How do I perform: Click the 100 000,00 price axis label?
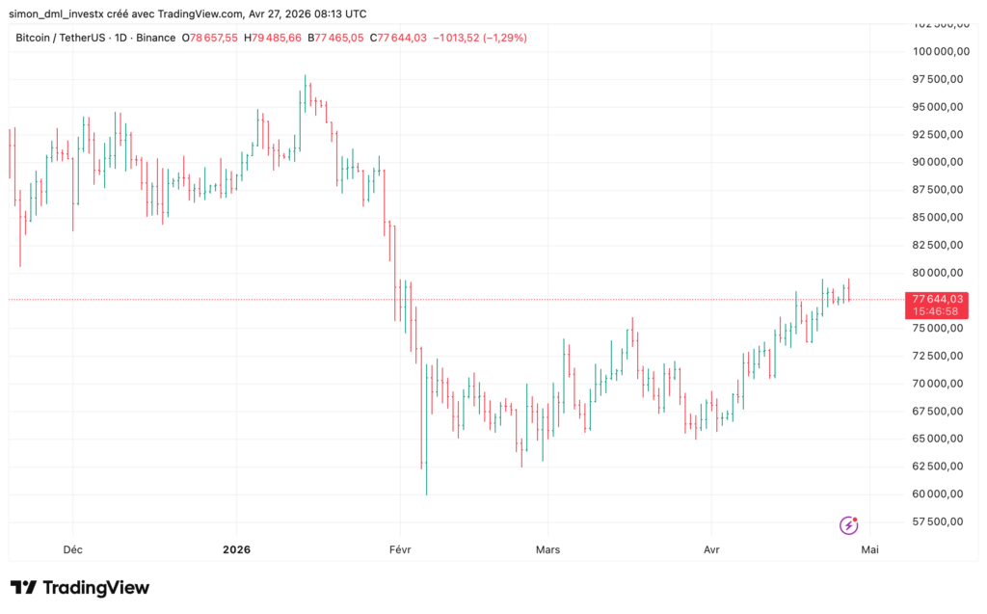(x=938, y=51)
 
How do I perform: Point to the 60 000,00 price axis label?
(x=938, y=494)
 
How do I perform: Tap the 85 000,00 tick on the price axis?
(x=938, y=218)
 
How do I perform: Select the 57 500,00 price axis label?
(x=938, y=522)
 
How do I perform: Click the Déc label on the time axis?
(x=72, y=549)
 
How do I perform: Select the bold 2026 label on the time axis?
(x=236, y=549)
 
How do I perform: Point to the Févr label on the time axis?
(x=399, y=549)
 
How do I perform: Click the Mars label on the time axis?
(x=547, y=549)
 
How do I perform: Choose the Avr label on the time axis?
(x=711, y=549)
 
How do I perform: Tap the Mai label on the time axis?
(x=869, y=549)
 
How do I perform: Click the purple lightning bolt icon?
(x=849, y=525)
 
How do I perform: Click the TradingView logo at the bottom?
(x=80, y=587)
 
